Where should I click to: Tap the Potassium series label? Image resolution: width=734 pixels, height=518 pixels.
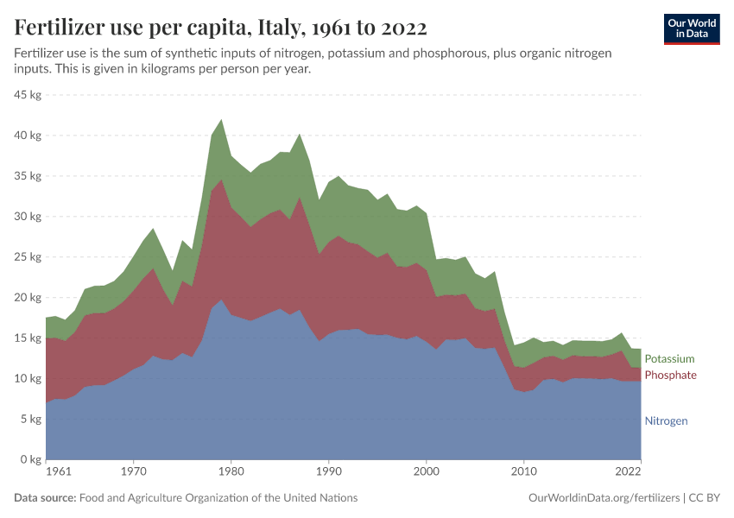click(x=669, y=358)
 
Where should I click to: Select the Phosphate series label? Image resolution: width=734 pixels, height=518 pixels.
click(x=670, y=375)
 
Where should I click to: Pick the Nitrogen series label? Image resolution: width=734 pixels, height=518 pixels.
click(x=666, y=421)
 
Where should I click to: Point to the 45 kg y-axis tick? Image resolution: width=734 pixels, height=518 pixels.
click(x=28, y=95)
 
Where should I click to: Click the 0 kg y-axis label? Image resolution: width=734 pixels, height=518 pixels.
click(x=31, y=460)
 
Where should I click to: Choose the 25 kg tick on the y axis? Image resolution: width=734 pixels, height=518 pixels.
click(x=28, y=257)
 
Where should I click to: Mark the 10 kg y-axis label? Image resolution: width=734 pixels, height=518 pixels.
click(x=28, y=379)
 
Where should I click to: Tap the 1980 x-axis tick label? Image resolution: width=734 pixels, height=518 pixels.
click(x=230, y=472)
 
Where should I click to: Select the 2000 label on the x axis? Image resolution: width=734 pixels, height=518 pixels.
click(x=427, y=472)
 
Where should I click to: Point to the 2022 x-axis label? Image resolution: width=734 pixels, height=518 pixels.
click(x=627, y=472)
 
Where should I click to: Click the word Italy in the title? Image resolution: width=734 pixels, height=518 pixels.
click(x=278, y=28)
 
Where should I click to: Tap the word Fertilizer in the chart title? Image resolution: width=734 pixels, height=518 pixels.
click(x=58, y=28)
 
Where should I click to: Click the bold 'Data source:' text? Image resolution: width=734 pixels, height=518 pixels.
click(x=45, y=498)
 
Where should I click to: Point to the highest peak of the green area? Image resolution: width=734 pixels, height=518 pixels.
click(x=222, y=120)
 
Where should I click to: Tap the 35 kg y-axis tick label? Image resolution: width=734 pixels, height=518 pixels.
click(x=28, y=176)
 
